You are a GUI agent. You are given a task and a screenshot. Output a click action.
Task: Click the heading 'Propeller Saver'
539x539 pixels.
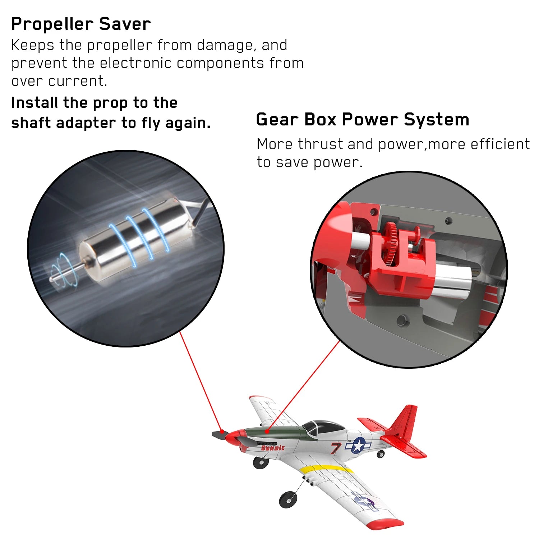click(x=81, y=24)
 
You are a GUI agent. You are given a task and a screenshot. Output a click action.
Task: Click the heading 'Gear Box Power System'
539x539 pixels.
click(x=362, y=120)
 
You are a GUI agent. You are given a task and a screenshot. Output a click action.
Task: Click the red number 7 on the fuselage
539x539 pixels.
click(x=336, y=448)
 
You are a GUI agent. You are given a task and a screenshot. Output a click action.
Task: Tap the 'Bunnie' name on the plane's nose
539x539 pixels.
click(x=273, y=448)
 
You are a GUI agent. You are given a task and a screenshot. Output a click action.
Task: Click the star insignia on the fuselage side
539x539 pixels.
click(x=358, y=445)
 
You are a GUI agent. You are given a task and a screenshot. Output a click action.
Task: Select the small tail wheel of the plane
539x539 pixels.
click(x=380, y=455)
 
